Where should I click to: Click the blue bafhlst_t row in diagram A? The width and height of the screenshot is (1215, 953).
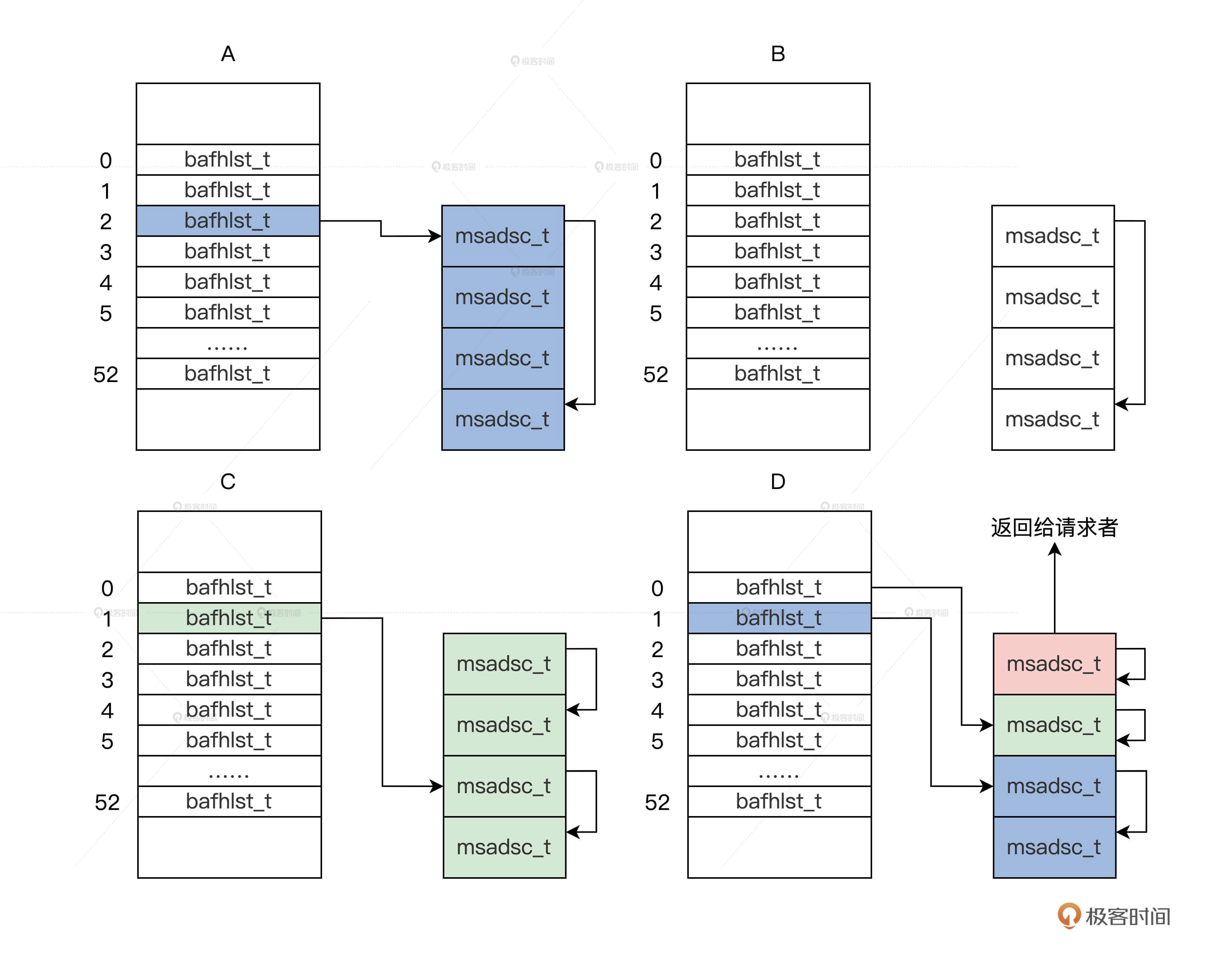pyautogui.click(x=228, y=221)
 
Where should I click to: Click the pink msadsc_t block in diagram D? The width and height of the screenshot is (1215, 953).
pyautogui.click(x=1054, y=664)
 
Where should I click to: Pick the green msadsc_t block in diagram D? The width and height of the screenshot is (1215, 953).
pyautogui.click(x=1054, y=725)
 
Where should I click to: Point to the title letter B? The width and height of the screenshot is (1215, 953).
pyautogui.click(x=778, y=54)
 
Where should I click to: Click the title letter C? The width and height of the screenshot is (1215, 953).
pyautogui.click(x=228, y=481)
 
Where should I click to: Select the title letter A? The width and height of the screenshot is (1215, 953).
pyautogui.click(x=228, y=54)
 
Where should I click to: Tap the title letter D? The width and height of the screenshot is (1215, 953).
pyautogui.click(x=778, y=481)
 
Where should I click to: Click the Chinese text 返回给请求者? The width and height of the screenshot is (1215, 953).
pyautogui.click(x=1054, y=527)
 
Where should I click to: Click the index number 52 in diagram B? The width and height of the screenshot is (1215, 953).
pyautogui.click(x=655, y=374)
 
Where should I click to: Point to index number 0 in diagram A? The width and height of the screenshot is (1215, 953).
pyautogui.click(x=105, y=161)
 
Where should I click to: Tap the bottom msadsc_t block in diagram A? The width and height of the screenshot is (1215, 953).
pyautogui.click(x=503, y=420)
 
